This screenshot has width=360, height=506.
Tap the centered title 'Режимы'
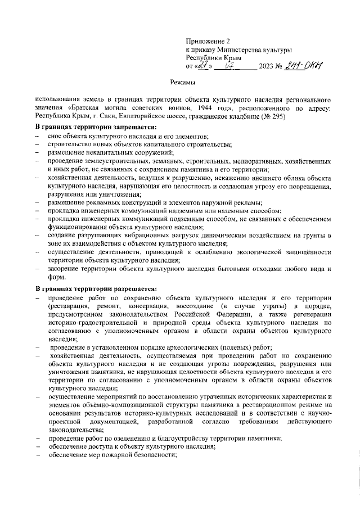(183, 82)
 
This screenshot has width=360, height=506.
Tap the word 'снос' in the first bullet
(56, 137)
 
